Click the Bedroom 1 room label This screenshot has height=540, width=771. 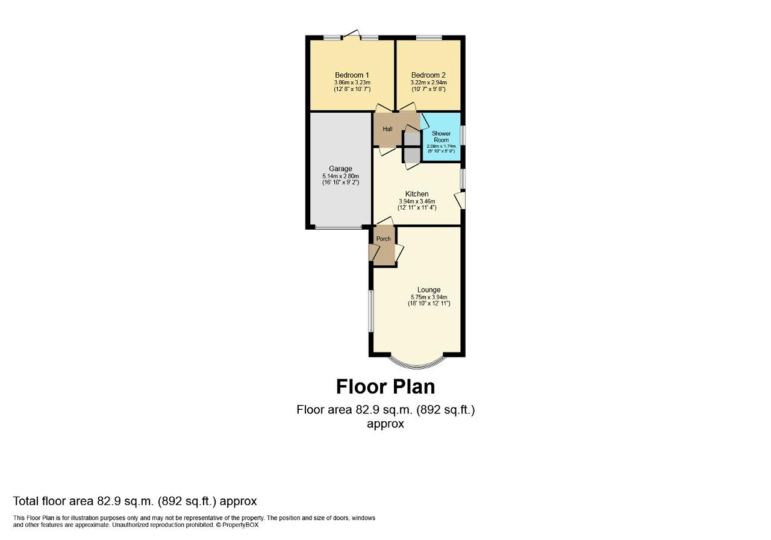(352, 75)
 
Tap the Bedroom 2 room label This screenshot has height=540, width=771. (428, 75)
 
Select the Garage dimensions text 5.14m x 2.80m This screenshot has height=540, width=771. (340, 176)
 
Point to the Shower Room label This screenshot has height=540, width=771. (441, 137)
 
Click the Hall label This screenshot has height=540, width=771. (387, 130)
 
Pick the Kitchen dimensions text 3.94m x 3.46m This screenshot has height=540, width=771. (417, 201)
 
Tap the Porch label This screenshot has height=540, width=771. (383, 239)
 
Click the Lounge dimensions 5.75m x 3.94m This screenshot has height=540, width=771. (428, 297)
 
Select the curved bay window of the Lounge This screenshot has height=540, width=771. (417, 363)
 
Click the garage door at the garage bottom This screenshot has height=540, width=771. (338, 227)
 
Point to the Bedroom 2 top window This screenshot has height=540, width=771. (428, 38)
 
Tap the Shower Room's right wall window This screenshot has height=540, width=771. (463, 135)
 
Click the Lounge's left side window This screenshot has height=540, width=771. (371, 310)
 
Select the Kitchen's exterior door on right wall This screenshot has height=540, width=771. (461, 200)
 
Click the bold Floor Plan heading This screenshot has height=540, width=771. (385, 386)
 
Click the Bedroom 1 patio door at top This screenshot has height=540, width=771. (352, 36)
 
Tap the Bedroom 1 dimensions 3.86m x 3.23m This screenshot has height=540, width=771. (352, 83)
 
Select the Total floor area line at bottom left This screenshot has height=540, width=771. (135, 501)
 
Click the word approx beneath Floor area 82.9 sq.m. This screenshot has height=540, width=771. (385, 424)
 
